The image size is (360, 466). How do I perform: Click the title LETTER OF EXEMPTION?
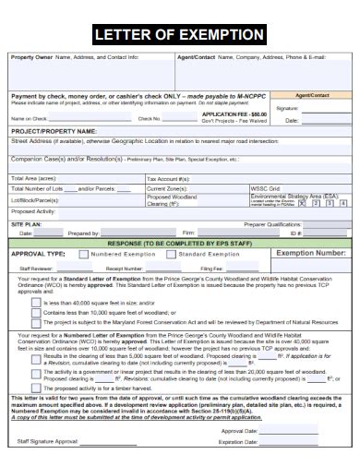(180, 35)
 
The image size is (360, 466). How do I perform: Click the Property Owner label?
(32, 57)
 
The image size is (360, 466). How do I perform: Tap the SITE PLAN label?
(26, 224)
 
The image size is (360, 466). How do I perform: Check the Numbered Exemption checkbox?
(84, 252)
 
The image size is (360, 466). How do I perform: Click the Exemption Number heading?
(311, 252)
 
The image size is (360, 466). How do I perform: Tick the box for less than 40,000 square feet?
(35, 302)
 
